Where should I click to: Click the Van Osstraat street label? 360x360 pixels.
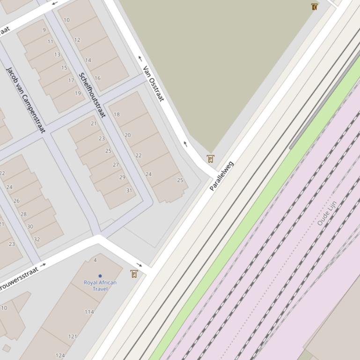(x=154, y=84)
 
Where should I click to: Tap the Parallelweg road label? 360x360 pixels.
(x=221, y=176)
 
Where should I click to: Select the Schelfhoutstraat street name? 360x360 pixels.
(x=92, y=95)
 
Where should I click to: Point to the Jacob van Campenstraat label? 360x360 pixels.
(x=26, y=100)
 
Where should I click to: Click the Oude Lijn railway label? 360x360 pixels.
(x=327, y=213)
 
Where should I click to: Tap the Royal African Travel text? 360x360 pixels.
(x=100, y=286)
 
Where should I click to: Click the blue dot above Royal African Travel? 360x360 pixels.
(x=100, y=276)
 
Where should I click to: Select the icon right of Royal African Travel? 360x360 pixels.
(x=134, y=274)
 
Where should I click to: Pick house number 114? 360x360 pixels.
(x=89, y=312)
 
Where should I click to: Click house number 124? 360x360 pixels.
(x=60, y=356)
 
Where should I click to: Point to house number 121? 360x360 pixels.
(x=73, y=337)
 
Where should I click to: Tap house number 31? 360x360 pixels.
(x=129, y=190)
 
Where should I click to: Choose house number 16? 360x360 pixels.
(x=97, y=78)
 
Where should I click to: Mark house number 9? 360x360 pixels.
(x=44, y=30)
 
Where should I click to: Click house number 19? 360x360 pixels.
(x=78, y=93)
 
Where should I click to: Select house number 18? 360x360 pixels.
(x=117, y=114)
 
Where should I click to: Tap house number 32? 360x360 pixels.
(x=37, y=239)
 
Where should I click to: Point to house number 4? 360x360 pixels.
(x=95, y=260)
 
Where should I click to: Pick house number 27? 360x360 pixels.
(x=116, y=165)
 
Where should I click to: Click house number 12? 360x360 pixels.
(x=77, y=40)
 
